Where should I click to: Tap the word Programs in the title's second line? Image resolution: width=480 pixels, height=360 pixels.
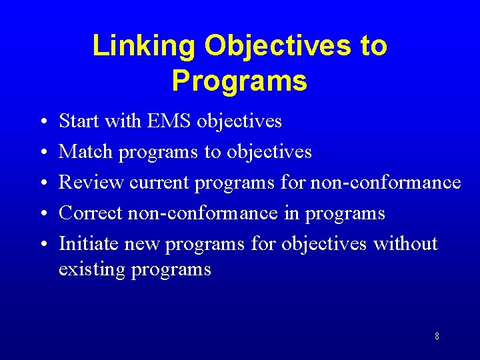point(239,81)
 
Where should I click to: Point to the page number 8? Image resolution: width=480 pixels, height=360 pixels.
point(437,336)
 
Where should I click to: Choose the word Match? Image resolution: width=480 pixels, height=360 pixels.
point(86,152)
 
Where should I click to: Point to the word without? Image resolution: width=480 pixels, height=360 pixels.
point(405,244)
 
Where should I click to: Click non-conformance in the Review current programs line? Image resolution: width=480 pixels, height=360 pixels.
point(385,183)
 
